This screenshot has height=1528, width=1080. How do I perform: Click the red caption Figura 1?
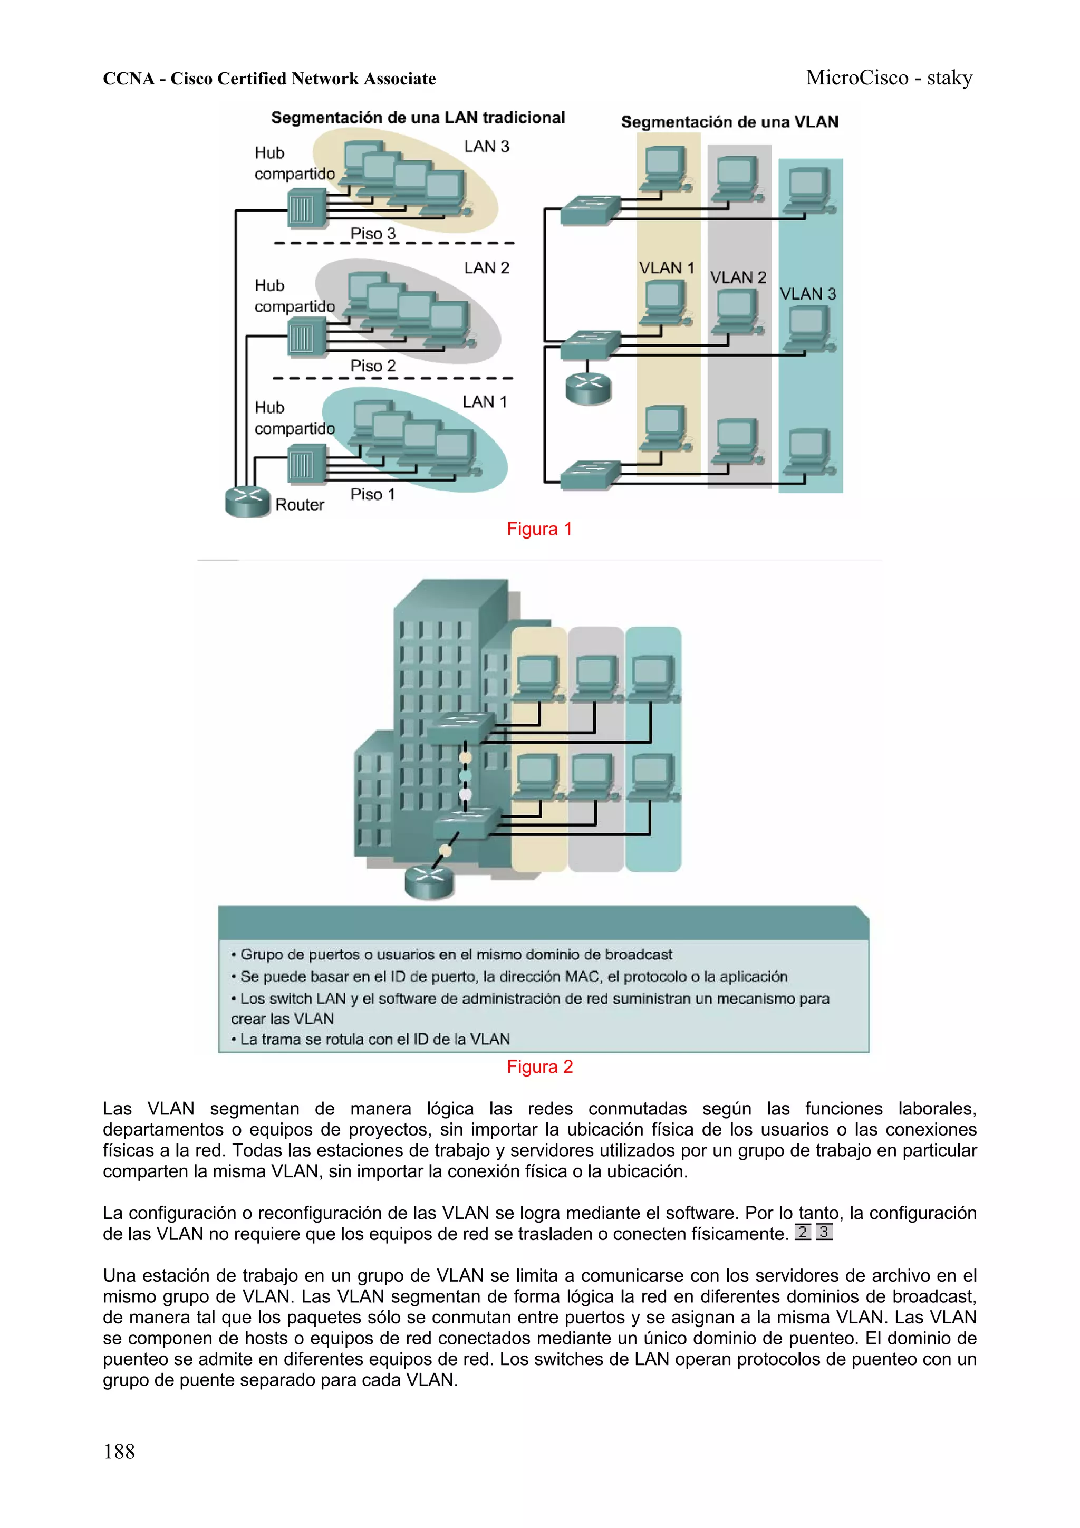pyautogui.click(x=539, y=529)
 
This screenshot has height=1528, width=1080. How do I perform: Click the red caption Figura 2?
pyautogui.click(x=539, y=1067)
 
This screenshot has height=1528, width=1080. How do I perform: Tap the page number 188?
pyautogui.click(x=119, y=1452)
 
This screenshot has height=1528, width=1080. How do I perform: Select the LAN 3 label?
pyautogui.click(x=486, y=147)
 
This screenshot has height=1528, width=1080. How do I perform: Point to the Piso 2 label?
pyautogui.click(x=373, y=366)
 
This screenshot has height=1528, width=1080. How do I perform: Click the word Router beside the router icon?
pyautogui.click(x=300, y=505)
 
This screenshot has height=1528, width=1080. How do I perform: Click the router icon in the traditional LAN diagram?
pyautogui.click(x=247, y=501)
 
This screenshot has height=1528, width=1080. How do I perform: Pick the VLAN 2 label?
pyautogui.click(x=738, y=277)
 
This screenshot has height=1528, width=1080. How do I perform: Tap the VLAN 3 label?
pyautogui.click(x=808, y=294)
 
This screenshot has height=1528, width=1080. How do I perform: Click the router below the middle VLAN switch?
pyautogui.click(x=588, y=389)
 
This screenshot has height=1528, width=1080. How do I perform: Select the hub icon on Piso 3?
pyautogui.click(x=306, y=209)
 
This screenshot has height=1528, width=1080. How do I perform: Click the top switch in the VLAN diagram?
pyautogui.click(x=590, y=209)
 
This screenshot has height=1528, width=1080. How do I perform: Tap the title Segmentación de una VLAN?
pyautogui.click(x=729, y=122)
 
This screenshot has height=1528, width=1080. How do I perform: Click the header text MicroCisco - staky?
pyautogui.click(x=889, y=78)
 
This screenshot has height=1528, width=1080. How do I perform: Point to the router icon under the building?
pyautogui.click(x=429, y=882)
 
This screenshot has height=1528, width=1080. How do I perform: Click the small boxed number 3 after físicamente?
pyautogui.click(x=824, y=1233)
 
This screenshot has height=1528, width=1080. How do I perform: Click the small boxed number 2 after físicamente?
pyautogui.click(x=803, y=1233)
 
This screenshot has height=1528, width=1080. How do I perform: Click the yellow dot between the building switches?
pyautogui.click(x=466, y=757)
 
